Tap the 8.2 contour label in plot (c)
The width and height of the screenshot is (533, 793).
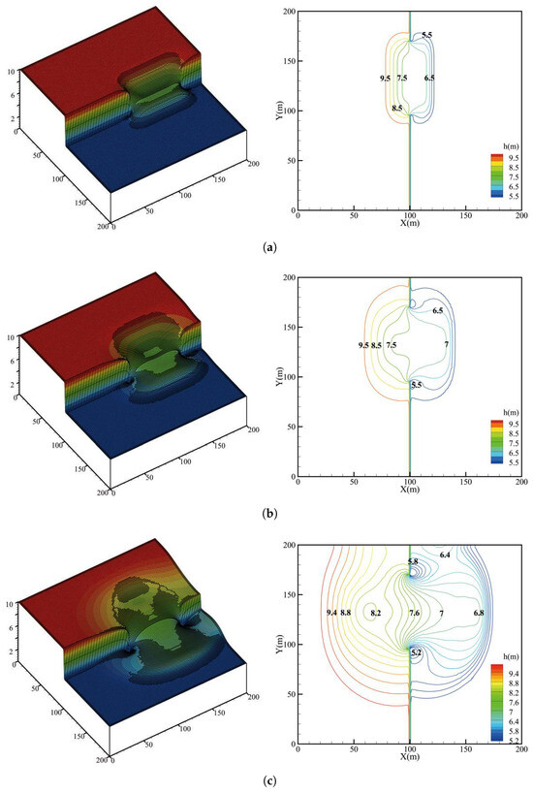(x=376, y=613)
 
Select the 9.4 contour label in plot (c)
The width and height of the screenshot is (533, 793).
(x=331, y=613)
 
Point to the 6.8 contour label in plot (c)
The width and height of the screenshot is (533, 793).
(x=479, y=613)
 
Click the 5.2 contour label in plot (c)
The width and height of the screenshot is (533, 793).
(x=417, y=652)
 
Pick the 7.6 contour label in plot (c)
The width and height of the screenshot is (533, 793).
(x=414, y=613)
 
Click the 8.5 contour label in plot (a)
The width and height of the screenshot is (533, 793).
(x=397, y=109)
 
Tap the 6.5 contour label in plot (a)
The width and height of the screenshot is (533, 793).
(x=429, y=79)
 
